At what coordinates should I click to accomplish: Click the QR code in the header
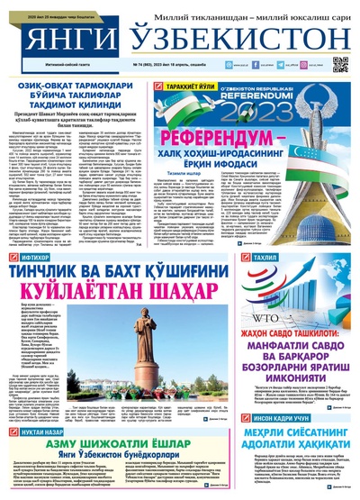pos(340,63)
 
